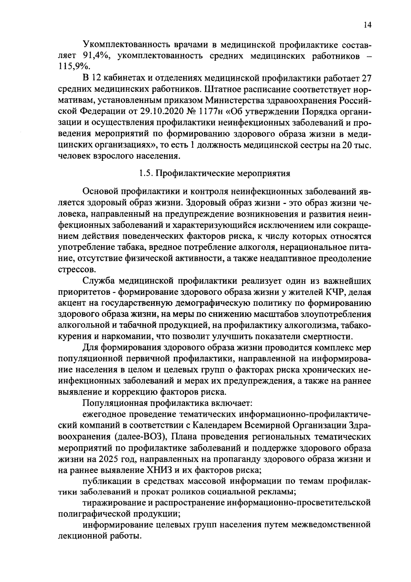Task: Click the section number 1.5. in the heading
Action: click(146, 173)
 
